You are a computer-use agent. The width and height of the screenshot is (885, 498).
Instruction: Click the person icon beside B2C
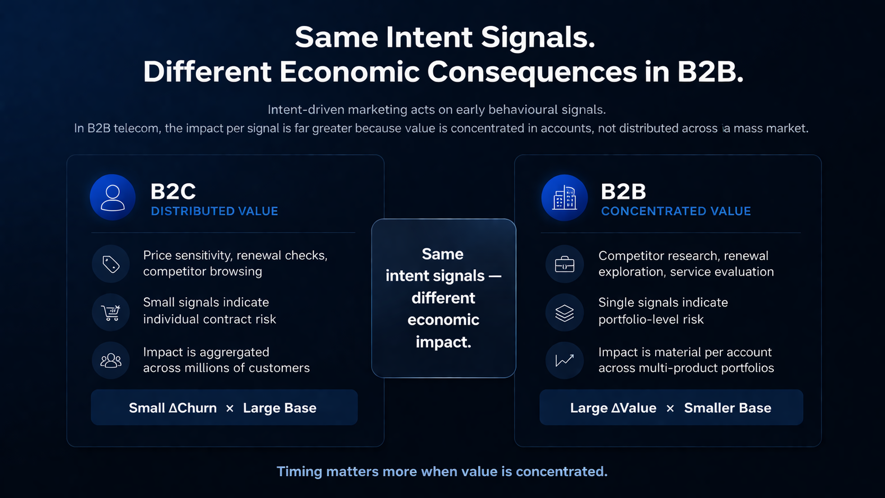[112, 198]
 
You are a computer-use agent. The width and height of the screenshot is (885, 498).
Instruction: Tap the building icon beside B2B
[565, 198]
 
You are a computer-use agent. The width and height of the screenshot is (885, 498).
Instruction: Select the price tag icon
[111, 264]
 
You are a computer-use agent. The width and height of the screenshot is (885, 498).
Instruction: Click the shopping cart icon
[111, 313]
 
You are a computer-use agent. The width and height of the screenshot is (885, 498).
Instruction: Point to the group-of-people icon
[111, 361]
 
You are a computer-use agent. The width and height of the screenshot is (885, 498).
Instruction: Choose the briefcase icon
[565, 264]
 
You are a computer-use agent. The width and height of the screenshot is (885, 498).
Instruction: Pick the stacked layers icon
[565, 313]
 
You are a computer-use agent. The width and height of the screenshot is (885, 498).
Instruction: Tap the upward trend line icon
[565, 361]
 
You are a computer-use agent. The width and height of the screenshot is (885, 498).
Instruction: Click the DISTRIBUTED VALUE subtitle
[214, 211]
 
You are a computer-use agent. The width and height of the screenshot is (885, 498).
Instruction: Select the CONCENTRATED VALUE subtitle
[676, 211]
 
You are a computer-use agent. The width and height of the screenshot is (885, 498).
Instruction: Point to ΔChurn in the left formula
[192, 408]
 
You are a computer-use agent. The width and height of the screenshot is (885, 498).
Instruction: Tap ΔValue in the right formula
[633, 408]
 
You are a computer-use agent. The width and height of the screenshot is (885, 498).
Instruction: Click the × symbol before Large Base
[230, 408]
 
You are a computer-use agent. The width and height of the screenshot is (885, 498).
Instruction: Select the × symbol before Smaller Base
[670, 408]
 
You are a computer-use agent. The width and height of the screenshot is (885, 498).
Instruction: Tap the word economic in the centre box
[443, 320]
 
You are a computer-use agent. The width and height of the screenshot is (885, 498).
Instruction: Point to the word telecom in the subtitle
[137, 128]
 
